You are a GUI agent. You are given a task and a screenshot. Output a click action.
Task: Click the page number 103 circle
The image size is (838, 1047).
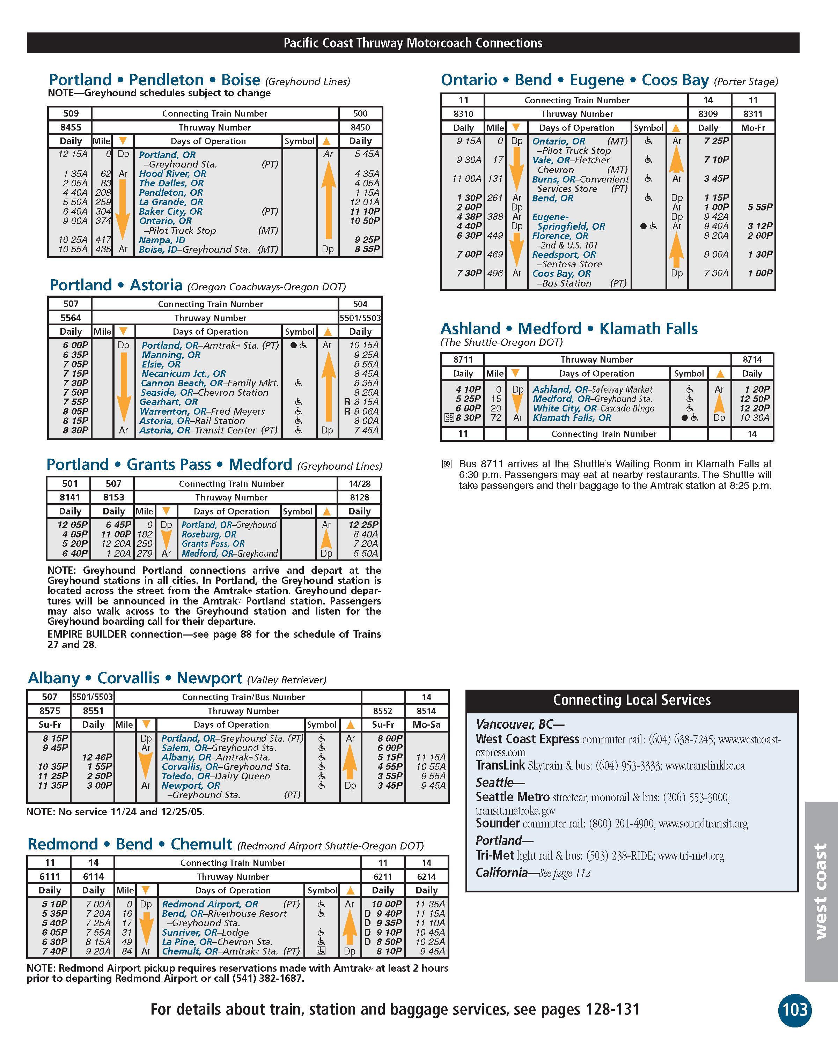795,1010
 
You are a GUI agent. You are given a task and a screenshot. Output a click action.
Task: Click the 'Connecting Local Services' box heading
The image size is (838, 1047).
632,700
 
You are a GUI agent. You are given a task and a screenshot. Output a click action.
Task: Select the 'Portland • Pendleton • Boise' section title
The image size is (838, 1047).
154,80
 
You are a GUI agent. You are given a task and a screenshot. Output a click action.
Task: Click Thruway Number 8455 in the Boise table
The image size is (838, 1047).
71,127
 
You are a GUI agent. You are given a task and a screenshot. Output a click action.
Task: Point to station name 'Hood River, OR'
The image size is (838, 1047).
172,173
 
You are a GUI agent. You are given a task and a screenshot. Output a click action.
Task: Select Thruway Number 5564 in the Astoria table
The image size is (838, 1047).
71,318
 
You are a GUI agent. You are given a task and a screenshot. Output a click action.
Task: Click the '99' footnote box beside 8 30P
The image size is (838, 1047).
449,418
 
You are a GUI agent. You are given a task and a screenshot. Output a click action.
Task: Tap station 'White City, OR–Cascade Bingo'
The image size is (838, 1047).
593,408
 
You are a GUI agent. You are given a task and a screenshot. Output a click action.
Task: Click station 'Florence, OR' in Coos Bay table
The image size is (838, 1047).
560,236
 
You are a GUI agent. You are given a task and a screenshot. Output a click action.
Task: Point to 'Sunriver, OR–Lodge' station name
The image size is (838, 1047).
205,933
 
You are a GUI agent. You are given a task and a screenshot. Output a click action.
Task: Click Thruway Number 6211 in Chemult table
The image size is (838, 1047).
383,877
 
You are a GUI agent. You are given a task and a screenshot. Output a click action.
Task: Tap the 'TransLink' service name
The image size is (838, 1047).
500,765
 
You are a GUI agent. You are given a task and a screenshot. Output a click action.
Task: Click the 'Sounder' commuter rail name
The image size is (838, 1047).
498,823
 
